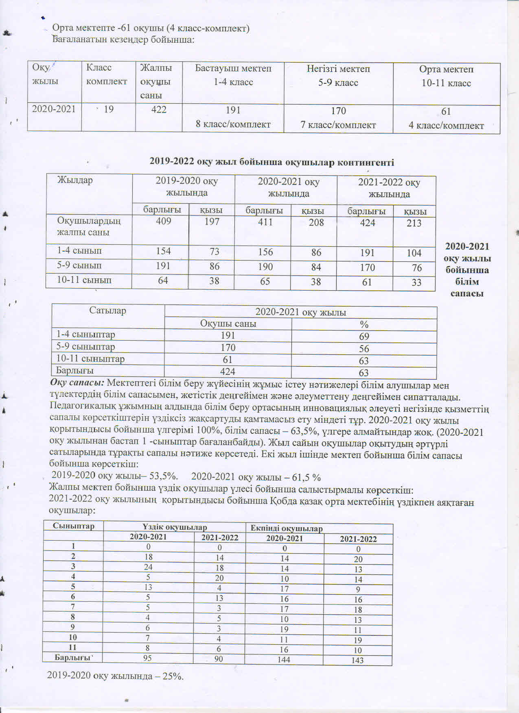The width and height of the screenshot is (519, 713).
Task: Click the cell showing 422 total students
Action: tap(159, 109)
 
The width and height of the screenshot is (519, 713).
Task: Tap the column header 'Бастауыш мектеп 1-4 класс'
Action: tap(233, 75)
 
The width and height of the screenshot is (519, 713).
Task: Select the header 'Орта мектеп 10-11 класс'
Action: tap(446, 76)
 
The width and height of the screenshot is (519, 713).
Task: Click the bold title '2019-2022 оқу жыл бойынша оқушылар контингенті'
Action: tap(272, 162)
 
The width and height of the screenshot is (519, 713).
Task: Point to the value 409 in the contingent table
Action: tap(164, 222)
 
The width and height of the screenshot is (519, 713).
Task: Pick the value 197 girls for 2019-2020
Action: tap(212, 222)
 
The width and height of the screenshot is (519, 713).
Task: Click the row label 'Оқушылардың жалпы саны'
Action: tap(89, 226)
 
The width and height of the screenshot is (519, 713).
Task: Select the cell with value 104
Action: tap(414, 253)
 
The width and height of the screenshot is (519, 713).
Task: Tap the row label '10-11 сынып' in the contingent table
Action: tap(84, 280)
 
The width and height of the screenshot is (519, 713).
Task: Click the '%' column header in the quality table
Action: tap(364, 324)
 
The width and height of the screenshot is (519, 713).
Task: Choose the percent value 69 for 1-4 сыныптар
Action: tap(364, 336)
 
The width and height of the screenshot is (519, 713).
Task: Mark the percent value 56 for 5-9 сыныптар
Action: tap(364, 348)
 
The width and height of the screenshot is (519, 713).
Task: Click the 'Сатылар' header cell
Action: tap(107, 311)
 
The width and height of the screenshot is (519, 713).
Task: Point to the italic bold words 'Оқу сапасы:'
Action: tap(77, 383)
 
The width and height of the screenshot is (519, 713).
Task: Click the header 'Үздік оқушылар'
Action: tap(175, 527)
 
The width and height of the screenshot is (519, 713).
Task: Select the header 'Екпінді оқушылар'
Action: tap(287, 528)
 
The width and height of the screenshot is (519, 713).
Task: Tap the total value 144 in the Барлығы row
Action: tap(284, 659)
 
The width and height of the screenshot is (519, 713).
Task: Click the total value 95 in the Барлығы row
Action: tap(147, 658)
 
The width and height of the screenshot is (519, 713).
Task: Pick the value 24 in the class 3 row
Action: tap(148, 567)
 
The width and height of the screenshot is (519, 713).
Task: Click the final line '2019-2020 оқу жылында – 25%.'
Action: tap(115, 676)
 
